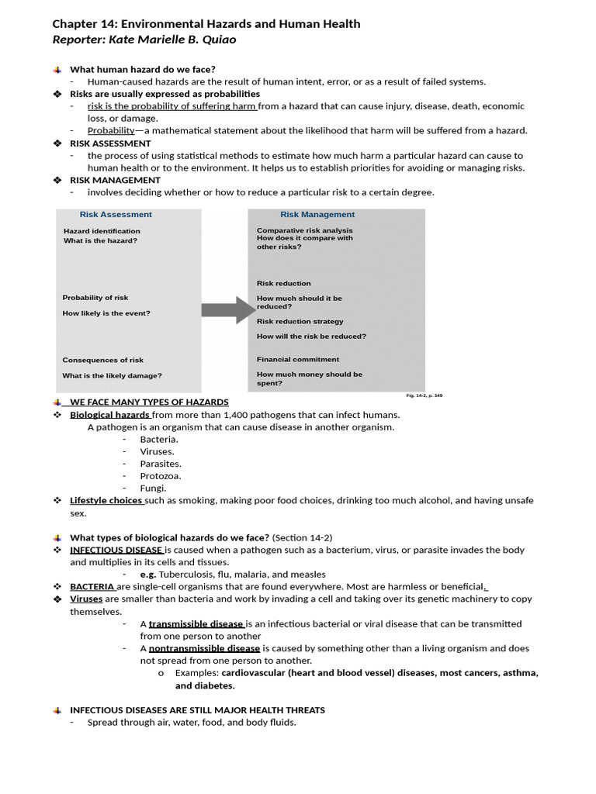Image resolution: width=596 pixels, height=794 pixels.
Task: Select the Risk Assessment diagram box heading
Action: click(x=116, y=215)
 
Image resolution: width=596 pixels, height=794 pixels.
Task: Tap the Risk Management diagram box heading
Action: click(x=317, y=215)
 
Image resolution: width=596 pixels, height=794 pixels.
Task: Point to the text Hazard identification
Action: click(x=102, y=231)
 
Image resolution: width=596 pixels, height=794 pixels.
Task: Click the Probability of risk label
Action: click(x=95, y=298)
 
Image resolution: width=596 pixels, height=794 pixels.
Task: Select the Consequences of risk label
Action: click(x=102, y=360)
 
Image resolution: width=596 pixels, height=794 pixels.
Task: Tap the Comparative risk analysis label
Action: click(x=304, y=230)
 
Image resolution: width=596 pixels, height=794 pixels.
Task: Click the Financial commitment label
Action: click(x=298, y=359)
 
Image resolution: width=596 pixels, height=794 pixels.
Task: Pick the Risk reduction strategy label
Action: click(x=300, y=321)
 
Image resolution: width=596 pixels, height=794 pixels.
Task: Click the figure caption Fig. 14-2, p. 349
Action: click(x=424, y=395)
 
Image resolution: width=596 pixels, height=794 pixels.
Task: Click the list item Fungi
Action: click(x=153, y=488)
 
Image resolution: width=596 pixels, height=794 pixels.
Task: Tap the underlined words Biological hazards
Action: click(x=110, y=415)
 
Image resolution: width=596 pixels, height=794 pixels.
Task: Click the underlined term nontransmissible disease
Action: click(x=204, y=648)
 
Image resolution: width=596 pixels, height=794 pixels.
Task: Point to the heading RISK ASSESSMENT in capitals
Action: click(x=110, y=143)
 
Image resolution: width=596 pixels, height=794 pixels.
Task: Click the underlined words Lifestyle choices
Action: click(x=106, y=501)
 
